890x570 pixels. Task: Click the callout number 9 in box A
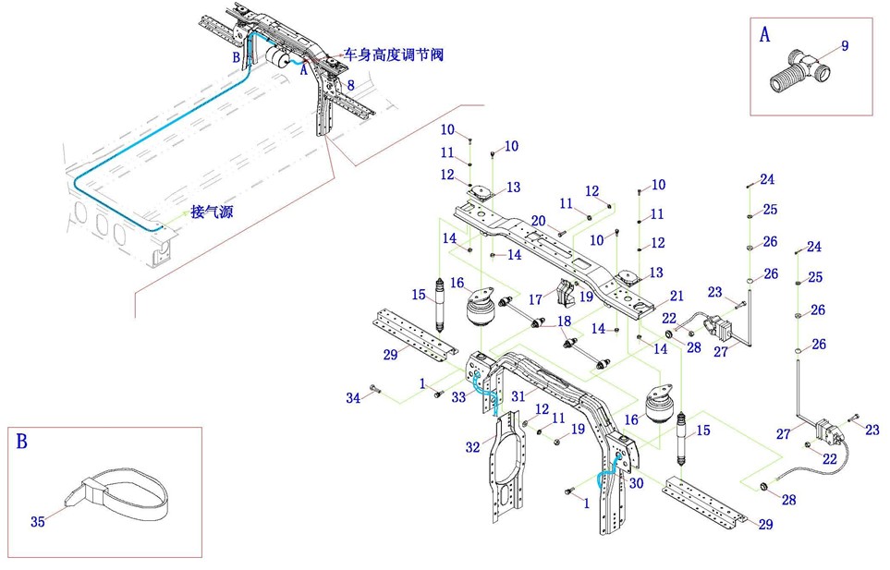[x=845, y=45]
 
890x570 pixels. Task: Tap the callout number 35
[x=38, y=522]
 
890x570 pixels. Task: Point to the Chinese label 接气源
[x=211, y=212]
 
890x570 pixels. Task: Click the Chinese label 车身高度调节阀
[x=393, y=55]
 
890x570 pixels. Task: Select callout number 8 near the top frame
[x=350, y=85]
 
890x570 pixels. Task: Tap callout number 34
[x=352, y=398]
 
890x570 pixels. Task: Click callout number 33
[x=459, y=398]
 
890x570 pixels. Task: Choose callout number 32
[x=472, y=447]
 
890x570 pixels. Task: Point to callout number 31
[x=518, y=394]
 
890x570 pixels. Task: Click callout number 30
[x=636, y=483]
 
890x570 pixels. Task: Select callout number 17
[x=535, y=300]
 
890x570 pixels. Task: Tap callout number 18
[x=564, y=321]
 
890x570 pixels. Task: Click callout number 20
[x=538, y=221]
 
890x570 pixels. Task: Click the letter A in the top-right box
[x=764, y=35]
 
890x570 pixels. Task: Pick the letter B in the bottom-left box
[x=22, y=441]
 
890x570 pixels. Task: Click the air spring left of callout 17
[x=484, y=309]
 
